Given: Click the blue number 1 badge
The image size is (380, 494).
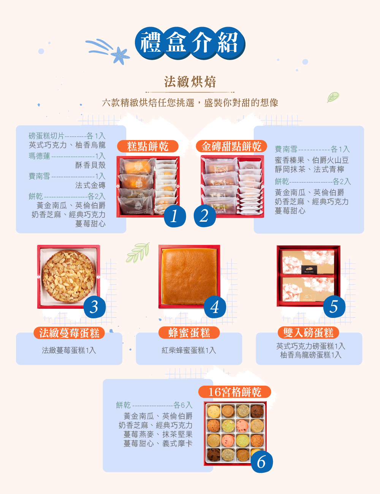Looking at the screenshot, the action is (174, 216).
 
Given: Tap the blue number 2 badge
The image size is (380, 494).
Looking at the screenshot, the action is (204, 216).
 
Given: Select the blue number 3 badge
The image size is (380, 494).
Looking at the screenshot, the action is (95, 307).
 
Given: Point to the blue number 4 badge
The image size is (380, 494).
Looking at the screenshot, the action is (215, 307).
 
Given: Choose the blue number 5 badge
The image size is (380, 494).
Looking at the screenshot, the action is (334, 307).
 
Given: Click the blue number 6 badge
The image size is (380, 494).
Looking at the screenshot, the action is (262, 462).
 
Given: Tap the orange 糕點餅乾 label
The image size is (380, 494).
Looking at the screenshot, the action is (148, 146).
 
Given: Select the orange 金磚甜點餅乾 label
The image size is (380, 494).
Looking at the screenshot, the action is (231, 146).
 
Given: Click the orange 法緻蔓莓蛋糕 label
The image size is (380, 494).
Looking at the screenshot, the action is (69, 333).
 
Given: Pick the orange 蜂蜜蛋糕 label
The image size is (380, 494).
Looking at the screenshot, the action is (189, 333).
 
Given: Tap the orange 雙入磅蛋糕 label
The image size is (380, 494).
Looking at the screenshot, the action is (308, 332).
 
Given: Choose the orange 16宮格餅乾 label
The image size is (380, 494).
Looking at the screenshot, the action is (234, 392).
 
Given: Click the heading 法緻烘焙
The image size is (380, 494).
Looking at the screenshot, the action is (190, 82).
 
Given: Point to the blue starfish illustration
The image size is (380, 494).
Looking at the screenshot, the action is (120, 56).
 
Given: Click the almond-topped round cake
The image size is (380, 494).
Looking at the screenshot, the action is (69, 276).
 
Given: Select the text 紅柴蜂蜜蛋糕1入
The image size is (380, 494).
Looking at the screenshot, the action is (189, 350).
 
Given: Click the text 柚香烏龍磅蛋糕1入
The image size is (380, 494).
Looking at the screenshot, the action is (311, 355).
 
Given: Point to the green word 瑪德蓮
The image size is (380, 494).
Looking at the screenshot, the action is (39, 156).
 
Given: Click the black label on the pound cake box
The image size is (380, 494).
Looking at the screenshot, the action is (309, 270).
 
